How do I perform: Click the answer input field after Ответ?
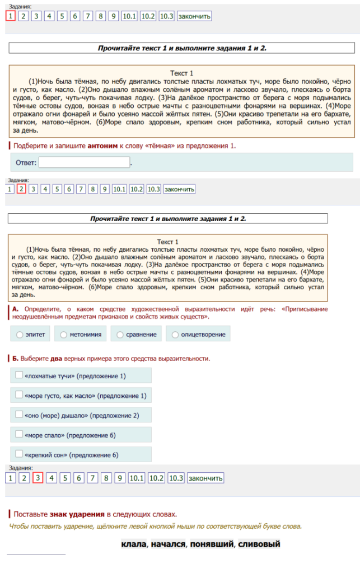click(x=84, y=163)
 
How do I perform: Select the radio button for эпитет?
click(x=20, y=335)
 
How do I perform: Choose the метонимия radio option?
click(x=64, y=335)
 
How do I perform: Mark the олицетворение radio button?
click(x=175, y=335)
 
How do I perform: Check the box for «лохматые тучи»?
click(x=19, y=375)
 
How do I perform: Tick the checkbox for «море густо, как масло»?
click(x=19, y=395)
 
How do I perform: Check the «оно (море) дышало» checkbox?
click(x=19, y=415)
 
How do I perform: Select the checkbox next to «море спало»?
click(x=19, y=434)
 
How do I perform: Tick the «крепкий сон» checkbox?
click(x=19, y=454)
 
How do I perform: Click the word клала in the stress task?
click(x=134, y=544)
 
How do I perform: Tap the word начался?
click(x=168, y=544)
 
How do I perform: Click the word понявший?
click(x=212, y=544)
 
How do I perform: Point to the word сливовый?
click(x=259, y=544)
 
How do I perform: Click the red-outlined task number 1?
click(x=10, y=16)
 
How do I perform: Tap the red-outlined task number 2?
click(x=22, y=189)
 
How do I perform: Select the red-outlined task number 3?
click(x=38, y=478)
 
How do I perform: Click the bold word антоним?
click(x=102, y=146)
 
